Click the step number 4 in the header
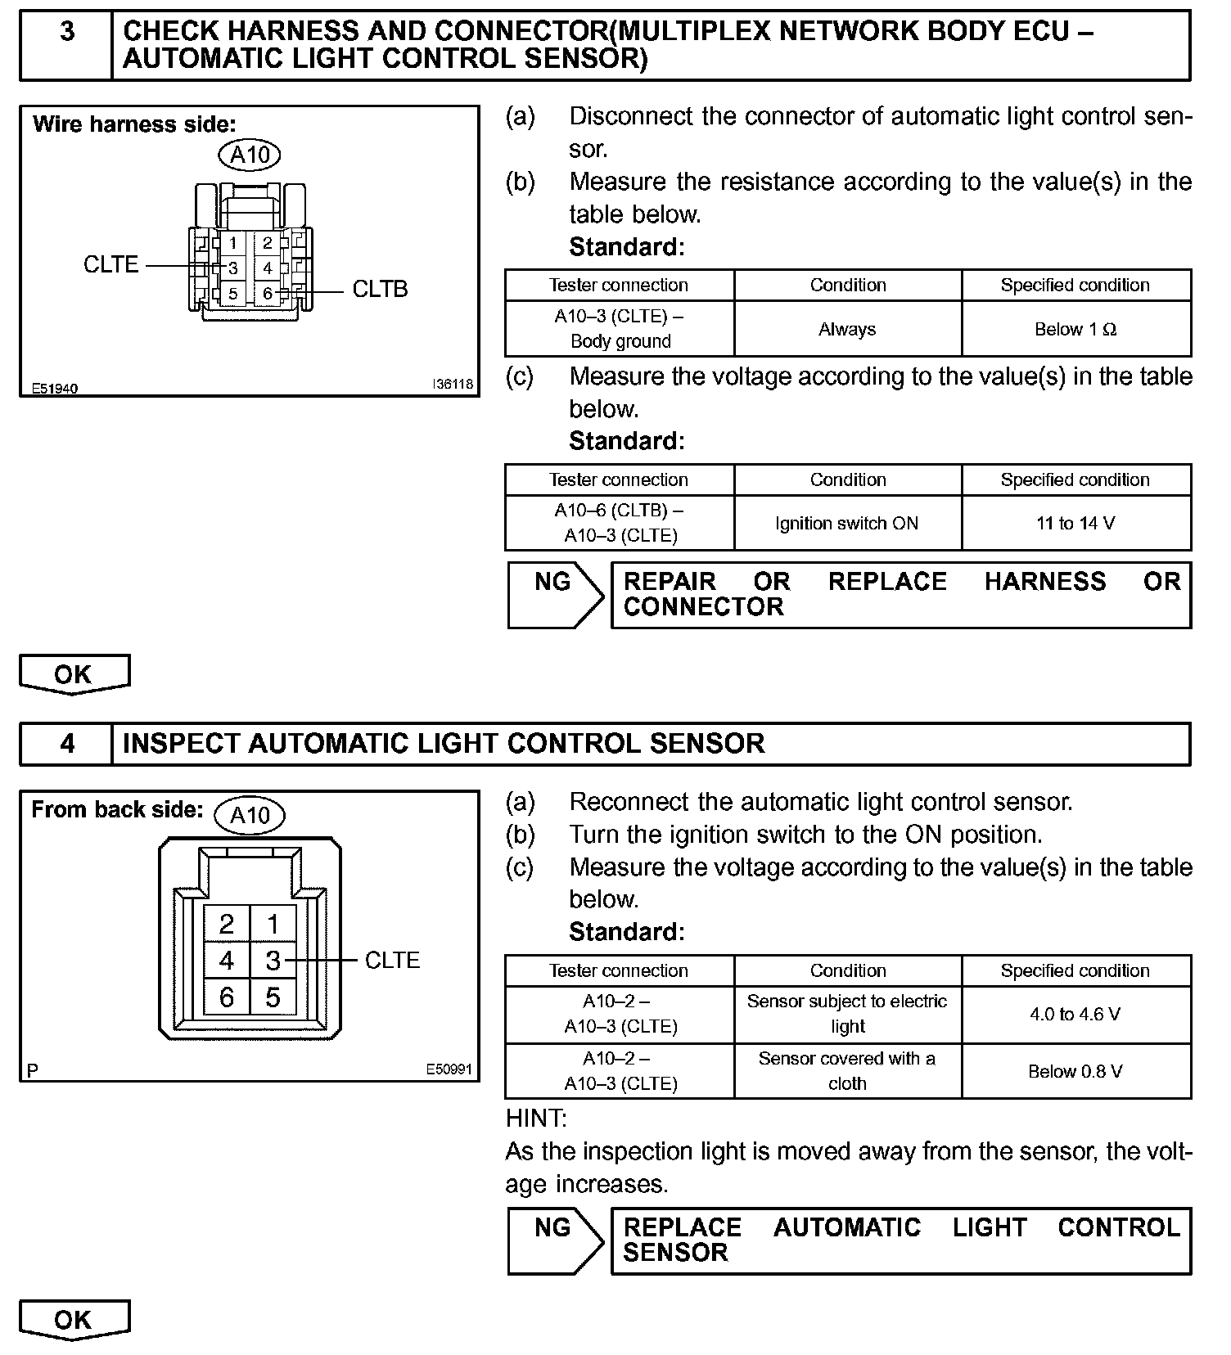point(67,743)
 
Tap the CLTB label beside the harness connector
point(380,290)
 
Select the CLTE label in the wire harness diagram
point(111,265)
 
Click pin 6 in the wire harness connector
point(268,293)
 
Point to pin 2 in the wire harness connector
point(268,243)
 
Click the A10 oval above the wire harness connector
point(250,155)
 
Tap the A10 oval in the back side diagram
point(250,815)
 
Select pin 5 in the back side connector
point(273,997)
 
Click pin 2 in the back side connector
point(227,925)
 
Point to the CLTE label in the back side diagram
point(392,961)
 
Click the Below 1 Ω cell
point(1075,329)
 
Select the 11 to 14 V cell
point(1075,523)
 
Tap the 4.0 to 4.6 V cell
point(1075,1015)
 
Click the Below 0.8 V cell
point(1075,1071)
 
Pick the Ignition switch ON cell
point(847,523)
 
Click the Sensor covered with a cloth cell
point(847,1071)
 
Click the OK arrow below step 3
point(74,674)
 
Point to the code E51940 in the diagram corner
point(55,388)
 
